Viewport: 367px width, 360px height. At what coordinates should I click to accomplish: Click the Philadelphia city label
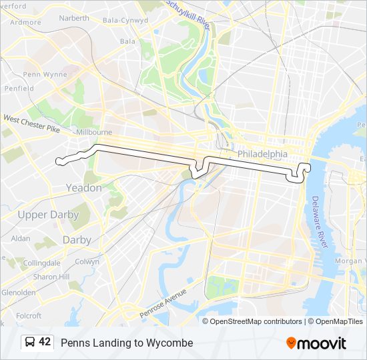coord(262,154)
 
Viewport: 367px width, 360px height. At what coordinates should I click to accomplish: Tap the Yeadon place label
coord(83,188)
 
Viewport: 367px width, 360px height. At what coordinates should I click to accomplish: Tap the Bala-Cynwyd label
coord(125,21)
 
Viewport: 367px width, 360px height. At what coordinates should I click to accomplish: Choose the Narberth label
coord(73,19)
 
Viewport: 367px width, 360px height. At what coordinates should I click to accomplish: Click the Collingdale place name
coord(42,263)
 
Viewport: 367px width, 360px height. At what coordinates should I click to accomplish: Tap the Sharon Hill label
coord(51,277)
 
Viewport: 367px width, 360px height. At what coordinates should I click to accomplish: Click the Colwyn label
coord(87,262)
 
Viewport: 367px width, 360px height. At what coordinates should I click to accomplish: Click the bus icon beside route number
coord(29,342)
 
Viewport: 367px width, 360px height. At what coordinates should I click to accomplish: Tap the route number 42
coord(45,342)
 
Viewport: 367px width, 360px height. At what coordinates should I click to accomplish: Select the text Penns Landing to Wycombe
coord(127,343)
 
